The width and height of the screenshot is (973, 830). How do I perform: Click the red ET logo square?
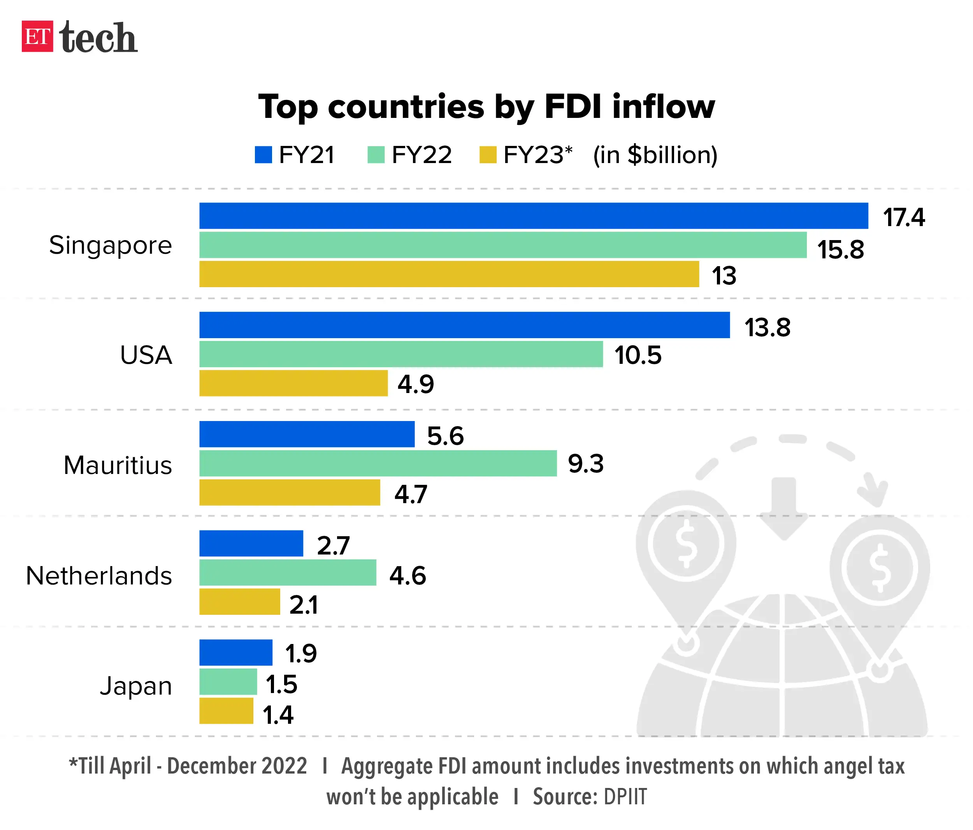[37, 36]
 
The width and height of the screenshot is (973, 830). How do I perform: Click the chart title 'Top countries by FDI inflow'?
[486, 107]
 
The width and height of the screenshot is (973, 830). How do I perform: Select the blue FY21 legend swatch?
[263, 155]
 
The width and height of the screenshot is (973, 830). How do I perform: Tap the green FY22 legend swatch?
[376, 155]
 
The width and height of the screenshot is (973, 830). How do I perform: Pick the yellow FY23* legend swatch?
[488, 155]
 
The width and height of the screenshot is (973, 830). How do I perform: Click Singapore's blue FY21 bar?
[534, 216]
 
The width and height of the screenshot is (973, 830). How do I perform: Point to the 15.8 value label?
[840, 249]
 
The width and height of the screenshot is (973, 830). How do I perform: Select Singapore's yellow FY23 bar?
[449, 274]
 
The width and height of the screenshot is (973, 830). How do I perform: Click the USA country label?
[146, 355]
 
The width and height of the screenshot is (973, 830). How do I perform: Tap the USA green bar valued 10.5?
[401, 354]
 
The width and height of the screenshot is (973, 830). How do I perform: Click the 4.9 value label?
[416, 384]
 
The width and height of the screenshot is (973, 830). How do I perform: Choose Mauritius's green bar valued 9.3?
[378, 463]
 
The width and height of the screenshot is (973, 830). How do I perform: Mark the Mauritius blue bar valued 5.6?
[307, 434]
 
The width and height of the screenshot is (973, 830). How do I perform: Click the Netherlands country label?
[99, 576]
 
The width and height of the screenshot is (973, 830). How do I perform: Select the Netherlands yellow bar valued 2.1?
[239, 601]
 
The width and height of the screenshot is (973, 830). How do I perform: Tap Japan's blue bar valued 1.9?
[236, 653]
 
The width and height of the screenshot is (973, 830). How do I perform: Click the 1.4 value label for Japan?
[278, 715]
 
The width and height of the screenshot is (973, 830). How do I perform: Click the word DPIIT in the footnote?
[625, 797]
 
